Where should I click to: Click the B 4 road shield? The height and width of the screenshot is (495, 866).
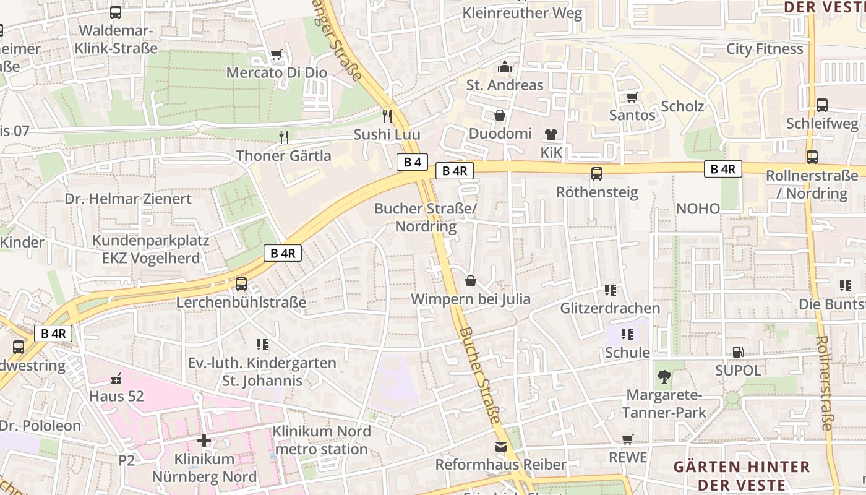coord(412,162)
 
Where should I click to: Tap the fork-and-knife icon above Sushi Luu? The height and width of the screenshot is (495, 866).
coord(387,116)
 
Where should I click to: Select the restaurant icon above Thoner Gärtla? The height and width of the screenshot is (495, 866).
coord(284,137)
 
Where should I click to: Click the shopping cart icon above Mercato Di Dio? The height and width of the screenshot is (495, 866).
coord(277,55)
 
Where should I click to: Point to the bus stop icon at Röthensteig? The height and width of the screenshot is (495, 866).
coord(597,174)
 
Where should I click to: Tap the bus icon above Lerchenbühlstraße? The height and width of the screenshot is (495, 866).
coord(241,284)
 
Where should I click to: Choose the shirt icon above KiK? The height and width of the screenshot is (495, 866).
coord(551,134)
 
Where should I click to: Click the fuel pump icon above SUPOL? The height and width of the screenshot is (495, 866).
coord(738,352)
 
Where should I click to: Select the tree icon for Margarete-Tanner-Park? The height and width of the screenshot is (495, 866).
coord(664,376)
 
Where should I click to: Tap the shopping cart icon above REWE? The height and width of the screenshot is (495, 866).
coord(628,439)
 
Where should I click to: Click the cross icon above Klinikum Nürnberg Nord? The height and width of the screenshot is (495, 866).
coord(204,441)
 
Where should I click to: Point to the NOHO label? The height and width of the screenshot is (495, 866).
coord(698,209)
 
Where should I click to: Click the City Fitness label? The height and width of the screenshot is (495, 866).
coord(765,49)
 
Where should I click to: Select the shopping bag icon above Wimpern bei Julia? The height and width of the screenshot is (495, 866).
coord(471,282)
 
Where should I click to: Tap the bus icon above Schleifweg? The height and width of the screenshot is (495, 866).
coord(822,105)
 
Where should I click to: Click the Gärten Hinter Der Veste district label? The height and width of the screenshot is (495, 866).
coord(741,475)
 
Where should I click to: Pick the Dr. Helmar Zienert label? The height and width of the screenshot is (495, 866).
coord(129,199)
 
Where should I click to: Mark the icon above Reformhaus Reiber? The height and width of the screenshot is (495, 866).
coord(500,447)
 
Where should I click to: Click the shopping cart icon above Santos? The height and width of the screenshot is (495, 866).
coord(632,97)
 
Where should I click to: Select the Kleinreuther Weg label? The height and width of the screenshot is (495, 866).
coord(522,13)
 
